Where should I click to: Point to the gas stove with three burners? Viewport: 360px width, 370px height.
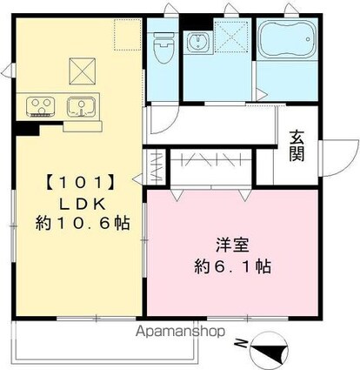tap(39, 105)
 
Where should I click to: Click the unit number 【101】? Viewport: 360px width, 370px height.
tap(78, 184)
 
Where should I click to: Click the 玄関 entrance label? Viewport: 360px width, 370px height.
tap(297, 145)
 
